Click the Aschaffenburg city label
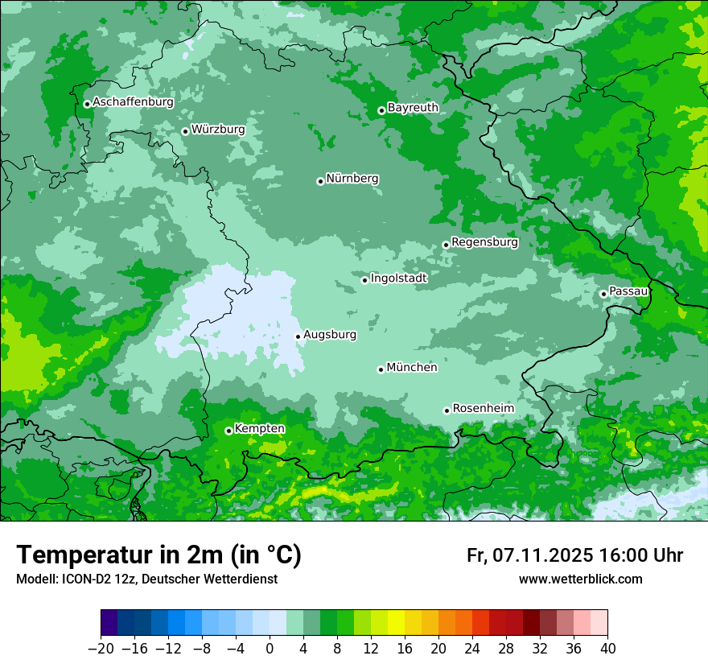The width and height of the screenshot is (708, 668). point(133,102)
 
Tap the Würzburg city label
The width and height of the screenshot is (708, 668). point(218,130)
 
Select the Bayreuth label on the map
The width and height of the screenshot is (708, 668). point(413,108)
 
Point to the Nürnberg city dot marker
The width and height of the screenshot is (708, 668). point(320,181)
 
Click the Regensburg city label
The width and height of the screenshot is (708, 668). point(484,242)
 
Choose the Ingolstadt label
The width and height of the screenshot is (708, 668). point(398,278)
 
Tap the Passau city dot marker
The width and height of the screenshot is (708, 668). point(603,294)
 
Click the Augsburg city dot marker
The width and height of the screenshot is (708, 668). point(298,336)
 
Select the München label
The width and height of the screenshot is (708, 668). point(412,368)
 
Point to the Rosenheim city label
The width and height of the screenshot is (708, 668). point(483,409)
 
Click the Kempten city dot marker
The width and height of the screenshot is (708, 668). point(228,431)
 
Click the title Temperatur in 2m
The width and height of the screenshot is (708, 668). point(158,555)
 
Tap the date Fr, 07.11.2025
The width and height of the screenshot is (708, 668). point(530,555)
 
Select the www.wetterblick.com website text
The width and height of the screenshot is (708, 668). point(580,579)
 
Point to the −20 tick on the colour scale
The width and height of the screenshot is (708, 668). point(101,648)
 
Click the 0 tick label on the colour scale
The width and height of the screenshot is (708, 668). point(270,648)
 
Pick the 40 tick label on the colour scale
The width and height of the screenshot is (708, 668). point(607,648)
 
